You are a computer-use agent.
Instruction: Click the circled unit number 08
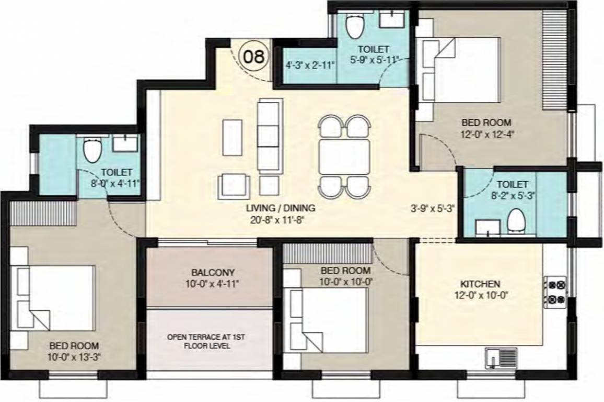pyautogui.click(x=254, y=56)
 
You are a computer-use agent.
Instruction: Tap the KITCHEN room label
pyautogui.click(x=480, y=284)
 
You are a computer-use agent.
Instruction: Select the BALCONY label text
pyautogui.click(x=213, y=273)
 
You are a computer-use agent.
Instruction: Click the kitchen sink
pyautogui.click(x=501, y=359)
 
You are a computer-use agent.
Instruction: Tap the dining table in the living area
pyautogui.click(x=344, y=157)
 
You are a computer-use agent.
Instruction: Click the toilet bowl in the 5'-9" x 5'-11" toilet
pyautogui.click(x=355, y=25)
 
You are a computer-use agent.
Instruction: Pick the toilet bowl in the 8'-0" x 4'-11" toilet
pyautogui.click(x=93, y=150)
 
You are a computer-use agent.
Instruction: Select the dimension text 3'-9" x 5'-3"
pyautogui.click(x=433, y=207)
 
